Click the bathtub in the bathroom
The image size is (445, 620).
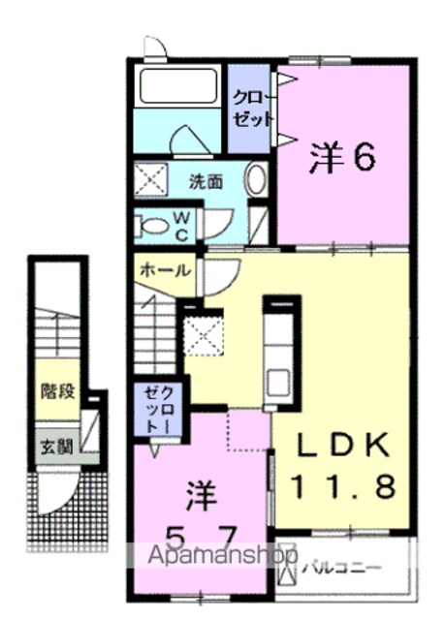pyautogui.click(x=176, y=86)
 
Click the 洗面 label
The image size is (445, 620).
pyautogui.click(x=206, y=181)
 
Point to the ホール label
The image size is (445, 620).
pyautogui.click(x=166, y=270)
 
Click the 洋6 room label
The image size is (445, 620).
pyautogui.click(x=342, y=157)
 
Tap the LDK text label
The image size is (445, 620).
pyautogui.click(x=342, y=446)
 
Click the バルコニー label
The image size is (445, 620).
pyautogui.click(x=342, y=569)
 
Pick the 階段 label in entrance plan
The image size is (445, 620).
pyautogui.click(x=57, y=391)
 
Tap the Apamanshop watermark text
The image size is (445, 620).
pyautogui.click(x=222, y=555)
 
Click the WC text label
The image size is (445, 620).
pyautogui.click(x=182, y=226)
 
